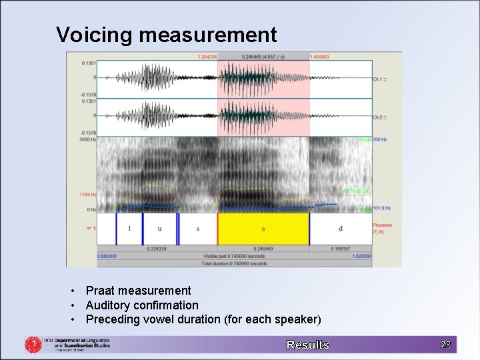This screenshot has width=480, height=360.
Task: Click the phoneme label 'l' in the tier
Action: point(129,229)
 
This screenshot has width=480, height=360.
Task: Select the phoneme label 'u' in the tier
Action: point(159,229)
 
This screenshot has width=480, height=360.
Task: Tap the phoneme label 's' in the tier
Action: point(198,229)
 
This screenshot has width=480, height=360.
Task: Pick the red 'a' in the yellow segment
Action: point(263,229)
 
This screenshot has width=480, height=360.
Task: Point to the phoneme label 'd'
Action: point(341,229)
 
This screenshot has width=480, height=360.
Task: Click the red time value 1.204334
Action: point(207,57)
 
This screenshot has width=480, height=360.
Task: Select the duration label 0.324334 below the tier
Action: point(157,249)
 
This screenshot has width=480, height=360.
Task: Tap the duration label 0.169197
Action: point(341,249)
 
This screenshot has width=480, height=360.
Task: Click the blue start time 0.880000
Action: point(107,256)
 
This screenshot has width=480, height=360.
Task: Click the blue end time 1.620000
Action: point(362,256)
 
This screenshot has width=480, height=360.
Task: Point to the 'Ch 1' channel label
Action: point(378,79)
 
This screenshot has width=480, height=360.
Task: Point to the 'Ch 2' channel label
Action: point(378,117)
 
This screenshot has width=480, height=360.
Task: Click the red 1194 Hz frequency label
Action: point(88,195)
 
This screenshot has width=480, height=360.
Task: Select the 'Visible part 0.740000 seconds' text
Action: point(235,256)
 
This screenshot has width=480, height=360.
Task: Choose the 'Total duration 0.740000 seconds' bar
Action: point(235,263)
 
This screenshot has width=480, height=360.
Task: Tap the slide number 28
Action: point(445,344)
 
